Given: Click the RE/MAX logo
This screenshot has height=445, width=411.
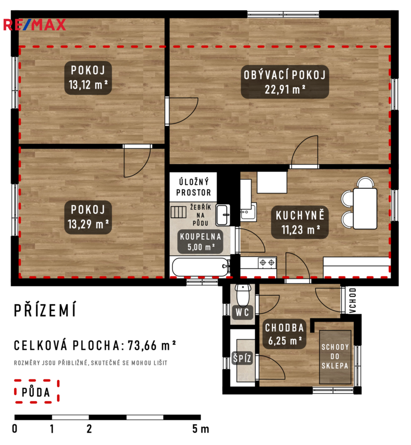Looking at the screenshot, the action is coord(34,25).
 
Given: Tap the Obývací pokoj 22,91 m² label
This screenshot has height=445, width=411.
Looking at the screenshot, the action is coord(284,82).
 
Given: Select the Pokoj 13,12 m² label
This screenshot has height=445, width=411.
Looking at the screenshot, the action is coord(88,77).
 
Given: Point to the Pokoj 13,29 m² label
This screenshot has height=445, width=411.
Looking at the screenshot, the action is coord(88,217).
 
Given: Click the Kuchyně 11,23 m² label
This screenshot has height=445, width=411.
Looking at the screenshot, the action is coord(300,222).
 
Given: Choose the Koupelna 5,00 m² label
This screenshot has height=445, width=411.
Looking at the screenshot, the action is coord(200,241).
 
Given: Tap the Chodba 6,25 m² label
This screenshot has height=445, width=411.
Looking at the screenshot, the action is coord(284,334).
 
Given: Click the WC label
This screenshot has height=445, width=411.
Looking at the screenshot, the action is coord(242,312).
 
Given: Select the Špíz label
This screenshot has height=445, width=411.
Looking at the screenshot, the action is coord(242,358).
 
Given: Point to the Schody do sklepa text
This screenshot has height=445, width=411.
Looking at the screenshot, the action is coord(335,356).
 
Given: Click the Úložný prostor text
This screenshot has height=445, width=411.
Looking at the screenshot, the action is coord(194,187).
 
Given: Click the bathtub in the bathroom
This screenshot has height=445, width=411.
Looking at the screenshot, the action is coord(201,267).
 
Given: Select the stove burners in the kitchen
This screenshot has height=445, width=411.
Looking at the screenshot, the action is coord(267,263).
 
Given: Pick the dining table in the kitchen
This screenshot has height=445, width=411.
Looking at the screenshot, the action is coord(365,208).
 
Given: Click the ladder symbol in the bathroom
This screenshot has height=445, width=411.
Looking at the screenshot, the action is coord(178,212).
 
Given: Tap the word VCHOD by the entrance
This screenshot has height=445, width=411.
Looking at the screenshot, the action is coord(352,300).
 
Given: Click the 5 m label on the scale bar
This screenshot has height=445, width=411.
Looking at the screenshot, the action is coord(200,429).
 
